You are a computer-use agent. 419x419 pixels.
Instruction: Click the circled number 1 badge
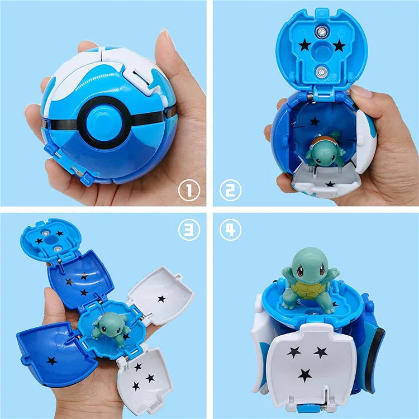pyautogui.click(x=189, y=191)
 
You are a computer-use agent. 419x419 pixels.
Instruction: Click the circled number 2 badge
pyautogui.click(x=230, y=191)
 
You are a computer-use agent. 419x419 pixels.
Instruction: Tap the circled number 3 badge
pyautogui.click(x=189, y=230)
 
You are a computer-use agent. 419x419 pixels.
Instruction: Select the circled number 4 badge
pyautogui.click(x=230, y=230)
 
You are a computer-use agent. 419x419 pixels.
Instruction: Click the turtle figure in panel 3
pyautogui.click(x=107, y=325)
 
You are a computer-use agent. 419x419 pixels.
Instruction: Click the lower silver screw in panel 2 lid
pyautogui.click(x=322, y=71)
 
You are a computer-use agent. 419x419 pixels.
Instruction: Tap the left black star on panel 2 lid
pyautogui.click(x=304, y=45)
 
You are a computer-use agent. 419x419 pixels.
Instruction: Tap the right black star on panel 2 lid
pyautogui.click(x=339, y=45)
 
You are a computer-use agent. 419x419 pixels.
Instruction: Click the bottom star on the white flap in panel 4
pyautogui.click(x=304, y=375)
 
